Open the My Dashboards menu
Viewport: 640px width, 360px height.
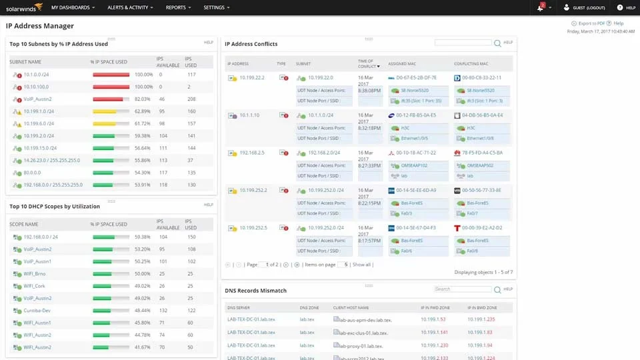71,7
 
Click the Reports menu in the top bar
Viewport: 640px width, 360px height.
177,7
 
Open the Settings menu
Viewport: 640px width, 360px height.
215,7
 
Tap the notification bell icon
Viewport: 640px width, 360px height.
540,7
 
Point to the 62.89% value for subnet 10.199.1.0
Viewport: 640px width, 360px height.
143,111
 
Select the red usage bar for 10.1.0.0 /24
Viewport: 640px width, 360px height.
111,75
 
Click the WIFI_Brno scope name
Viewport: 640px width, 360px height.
35,274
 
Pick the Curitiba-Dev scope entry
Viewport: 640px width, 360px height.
37,311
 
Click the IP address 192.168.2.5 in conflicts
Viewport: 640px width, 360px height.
253,153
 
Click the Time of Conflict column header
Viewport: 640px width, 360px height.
367,63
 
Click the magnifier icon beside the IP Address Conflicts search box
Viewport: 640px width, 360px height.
497,43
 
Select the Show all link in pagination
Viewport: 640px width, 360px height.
361,265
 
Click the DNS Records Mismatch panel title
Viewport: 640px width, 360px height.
256,291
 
